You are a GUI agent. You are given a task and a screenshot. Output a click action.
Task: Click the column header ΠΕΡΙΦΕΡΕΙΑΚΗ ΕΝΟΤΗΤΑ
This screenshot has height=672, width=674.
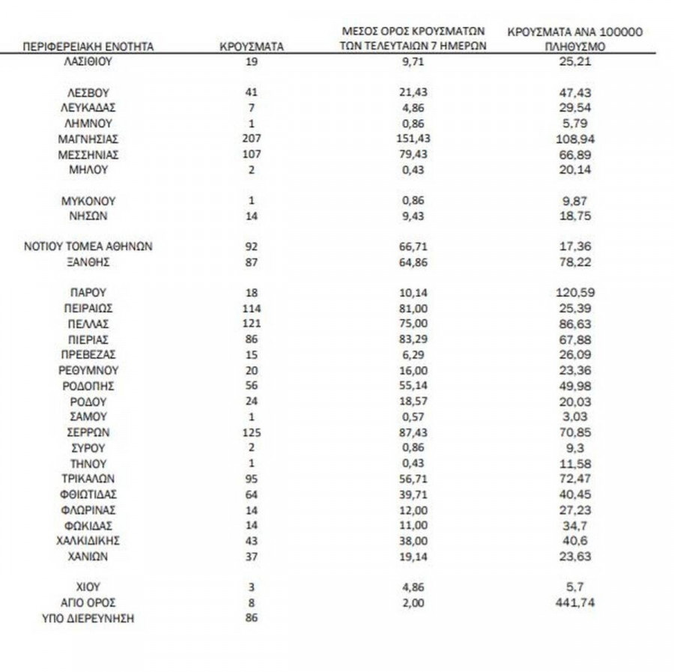pyautogui.click(x=88, y=46)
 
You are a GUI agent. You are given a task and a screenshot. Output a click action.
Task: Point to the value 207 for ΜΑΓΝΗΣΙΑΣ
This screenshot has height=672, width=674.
pyautogui.click(x=252, y=139)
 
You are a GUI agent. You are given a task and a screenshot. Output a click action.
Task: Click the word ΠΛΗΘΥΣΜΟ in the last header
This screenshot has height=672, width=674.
pyautogui.click(x=576, y=46)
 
